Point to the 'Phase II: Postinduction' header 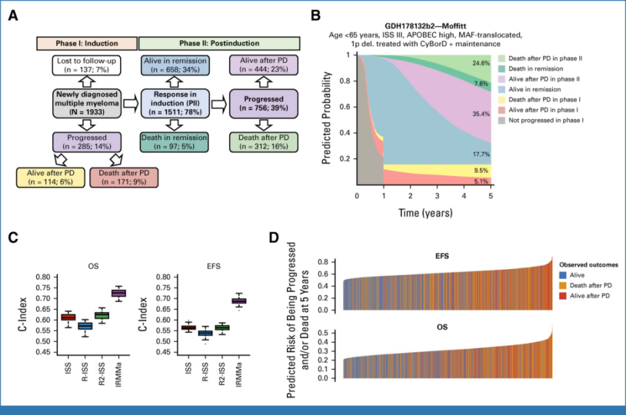219,42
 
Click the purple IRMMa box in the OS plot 119,293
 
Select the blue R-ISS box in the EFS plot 205,334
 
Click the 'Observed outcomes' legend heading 588,265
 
